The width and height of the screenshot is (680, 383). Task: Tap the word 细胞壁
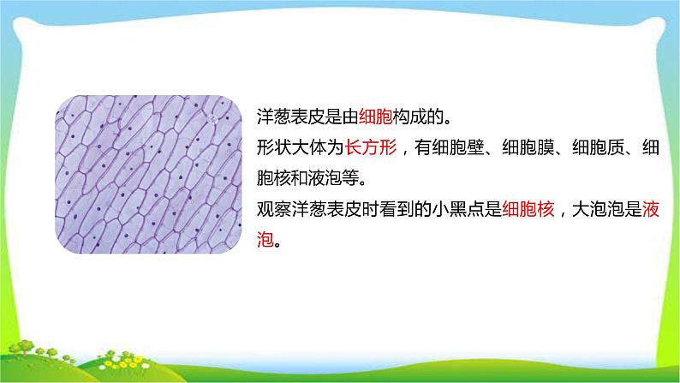(459, 148)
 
